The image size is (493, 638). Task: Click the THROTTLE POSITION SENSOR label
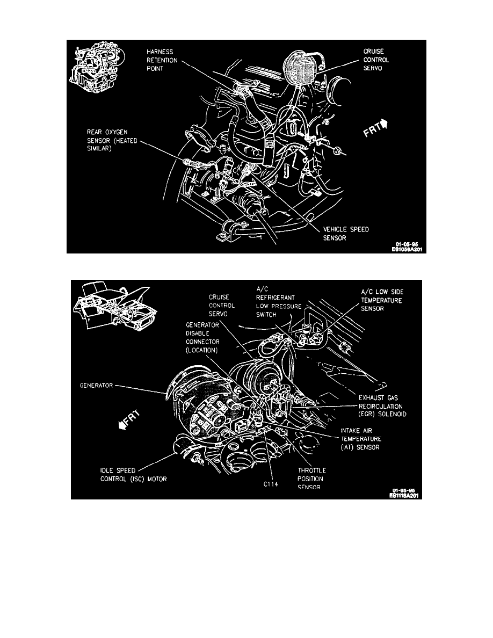[312, 479]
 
